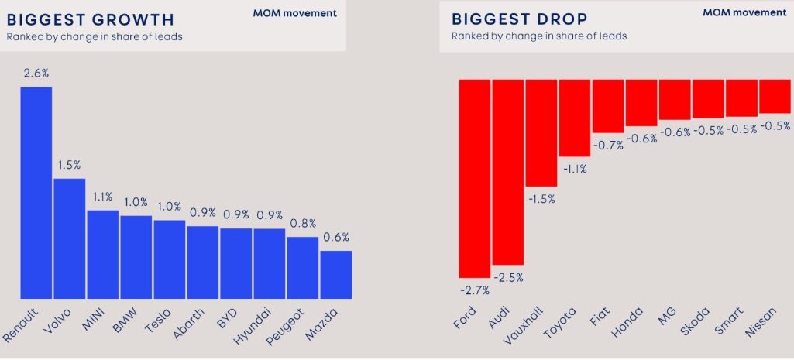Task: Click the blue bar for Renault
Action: pyautogui.click(x=36, y=192)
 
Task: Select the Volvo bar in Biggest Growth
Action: pyautogui.click(x=69, y=238)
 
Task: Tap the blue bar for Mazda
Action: pyautogui.click(x=335, y=274)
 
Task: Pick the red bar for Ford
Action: pyautogui.click(x=474, y=178)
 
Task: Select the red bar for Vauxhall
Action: pyautogui.click(x=541, y=132)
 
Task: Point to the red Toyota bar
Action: pyautogui.click(x=574, y=118)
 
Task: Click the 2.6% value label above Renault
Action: pyautogui.click(x=36, y=74)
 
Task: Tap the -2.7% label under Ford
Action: pyautogui.click(x=474, y=290)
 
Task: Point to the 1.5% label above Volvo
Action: pyautogui.click(x=69, y=166)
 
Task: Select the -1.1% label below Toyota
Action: pyautogui.click(x=574, y=170)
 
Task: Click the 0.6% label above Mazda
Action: pyautogui.click(x=335, y=238)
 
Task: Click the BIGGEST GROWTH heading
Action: pyautogui.click(x=90, y=19)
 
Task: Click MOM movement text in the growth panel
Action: pyautogui.click(x=294, y=13)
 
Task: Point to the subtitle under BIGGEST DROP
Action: pyautogui.click(x=539, y=36)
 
